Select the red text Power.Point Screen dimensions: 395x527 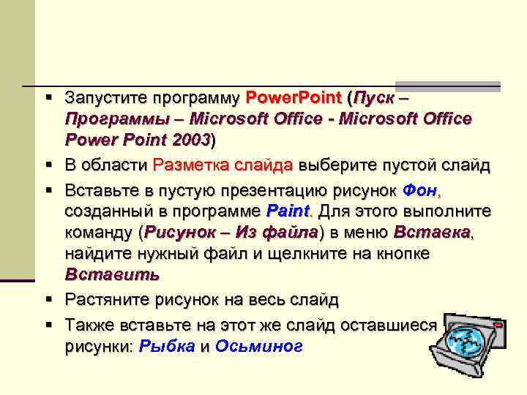tap(294, 97)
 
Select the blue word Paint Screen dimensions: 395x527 tap(288, 212)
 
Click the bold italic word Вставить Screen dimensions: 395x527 tap(111, 275)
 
